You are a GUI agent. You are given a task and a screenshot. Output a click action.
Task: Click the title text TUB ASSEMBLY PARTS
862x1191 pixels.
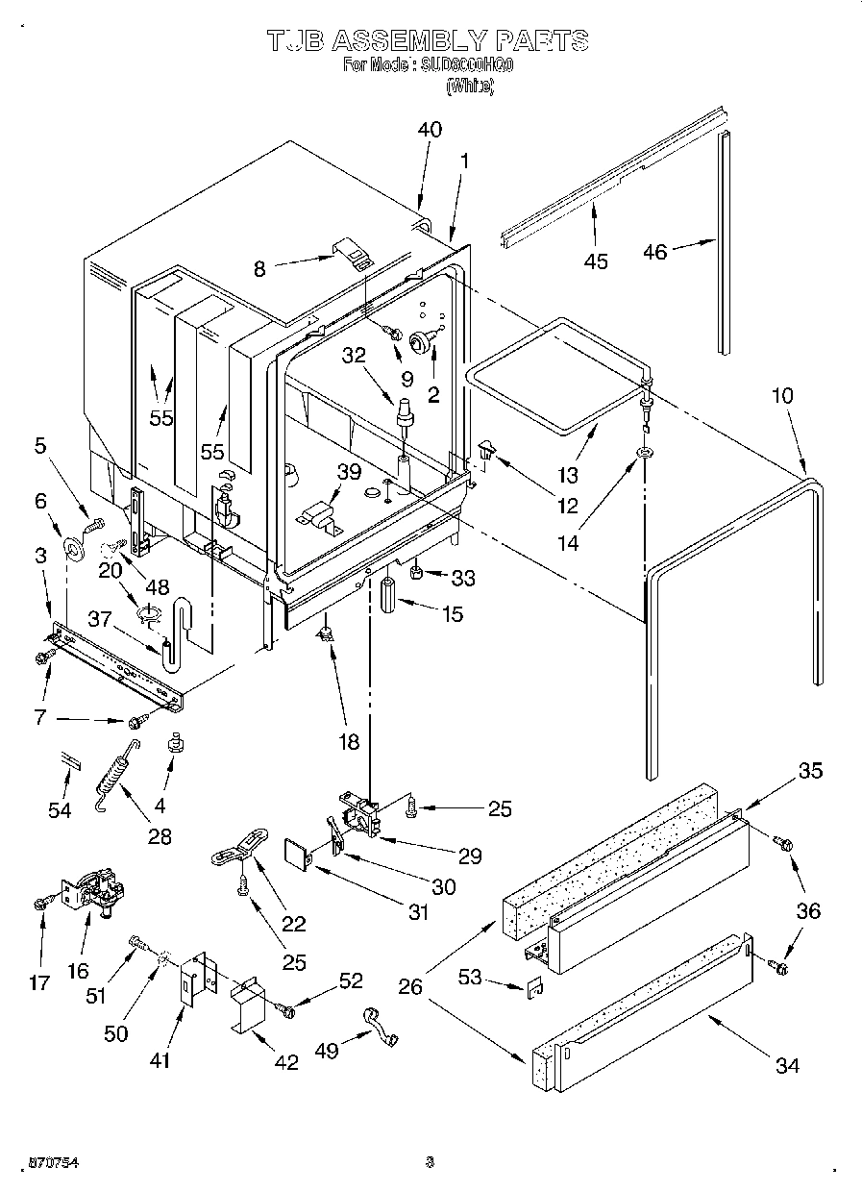tap(428, 40)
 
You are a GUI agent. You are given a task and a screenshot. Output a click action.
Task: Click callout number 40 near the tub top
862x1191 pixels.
tap(430, 130)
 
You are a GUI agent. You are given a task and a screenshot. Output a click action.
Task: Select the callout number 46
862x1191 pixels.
tap(654, 252)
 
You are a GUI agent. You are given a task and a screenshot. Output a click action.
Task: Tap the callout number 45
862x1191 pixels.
tap(596, 261)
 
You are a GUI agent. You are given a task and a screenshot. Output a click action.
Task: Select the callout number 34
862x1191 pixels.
tap(786, 1064)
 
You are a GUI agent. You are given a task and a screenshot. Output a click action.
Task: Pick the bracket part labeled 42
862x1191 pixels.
tap(248, 1004)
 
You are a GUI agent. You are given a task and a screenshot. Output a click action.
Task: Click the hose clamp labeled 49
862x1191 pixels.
tap(380, 1027)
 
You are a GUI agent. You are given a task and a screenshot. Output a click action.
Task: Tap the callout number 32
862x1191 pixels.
tap(354, 355)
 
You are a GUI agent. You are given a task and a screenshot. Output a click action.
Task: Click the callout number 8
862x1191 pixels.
tap(259, 269)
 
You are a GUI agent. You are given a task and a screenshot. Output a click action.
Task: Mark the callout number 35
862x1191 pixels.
tap(810, 771)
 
